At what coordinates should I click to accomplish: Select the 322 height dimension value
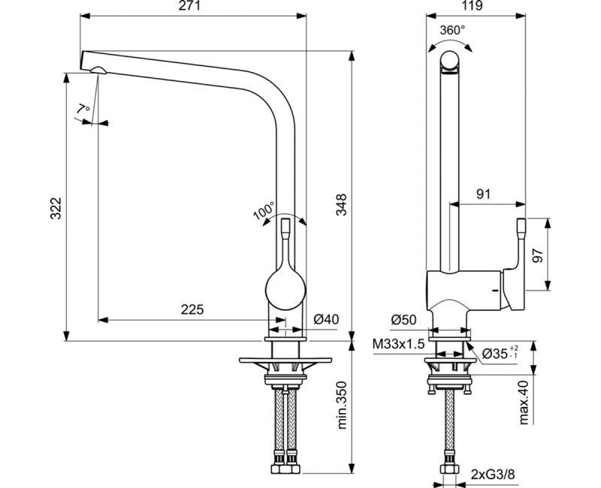tap(56, 208)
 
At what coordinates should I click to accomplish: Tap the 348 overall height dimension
tap(341, 205)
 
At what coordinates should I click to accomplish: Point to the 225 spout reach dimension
tap(192, 309)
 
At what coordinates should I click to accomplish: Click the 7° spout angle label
tap(83, 110)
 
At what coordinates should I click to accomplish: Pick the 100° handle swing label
tap(264, 211)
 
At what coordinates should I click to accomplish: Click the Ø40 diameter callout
tap(327, 319)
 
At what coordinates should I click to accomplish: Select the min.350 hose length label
tap(341, 405)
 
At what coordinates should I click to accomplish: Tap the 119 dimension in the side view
tap(473, 6)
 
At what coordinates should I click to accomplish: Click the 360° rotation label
tap(452, 30)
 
